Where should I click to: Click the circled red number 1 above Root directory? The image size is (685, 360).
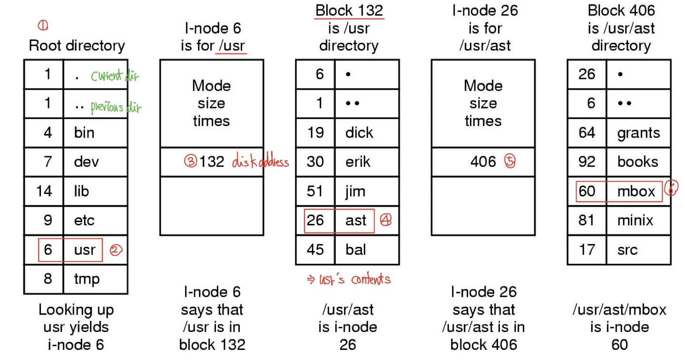click(43, 25)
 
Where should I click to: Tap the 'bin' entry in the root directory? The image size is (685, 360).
click(84, 133)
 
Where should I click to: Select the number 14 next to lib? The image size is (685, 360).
click(44, 191)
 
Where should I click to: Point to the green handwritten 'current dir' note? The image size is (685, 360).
click(115, 76)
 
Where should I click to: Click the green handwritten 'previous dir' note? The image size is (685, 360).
click(116, 107)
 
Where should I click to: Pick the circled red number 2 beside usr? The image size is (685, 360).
click(116, 250)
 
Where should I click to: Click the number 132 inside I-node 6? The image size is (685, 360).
click(212, 162)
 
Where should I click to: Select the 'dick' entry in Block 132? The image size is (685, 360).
click(359, 133)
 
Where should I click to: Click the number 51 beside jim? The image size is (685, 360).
click(315, 191)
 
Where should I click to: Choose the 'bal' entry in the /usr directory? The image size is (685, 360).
click(356, 250)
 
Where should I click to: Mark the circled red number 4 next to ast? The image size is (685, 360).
click(386, 220)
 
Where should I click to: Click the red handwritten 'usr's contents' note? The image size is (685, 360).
click(349, 280)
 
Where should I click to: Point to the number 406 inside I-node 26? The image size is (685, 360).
click(483, 162)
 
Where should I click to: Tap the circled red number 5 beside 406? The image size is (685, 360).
click(510, 161)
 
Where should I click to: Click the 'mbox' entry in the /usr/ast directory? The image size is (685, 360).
click(636, 192)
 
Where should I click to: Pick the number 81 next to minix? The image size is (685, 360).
click(587, 220)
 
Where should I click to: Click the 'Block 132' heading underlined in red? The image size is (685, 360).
click(349, 10)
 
